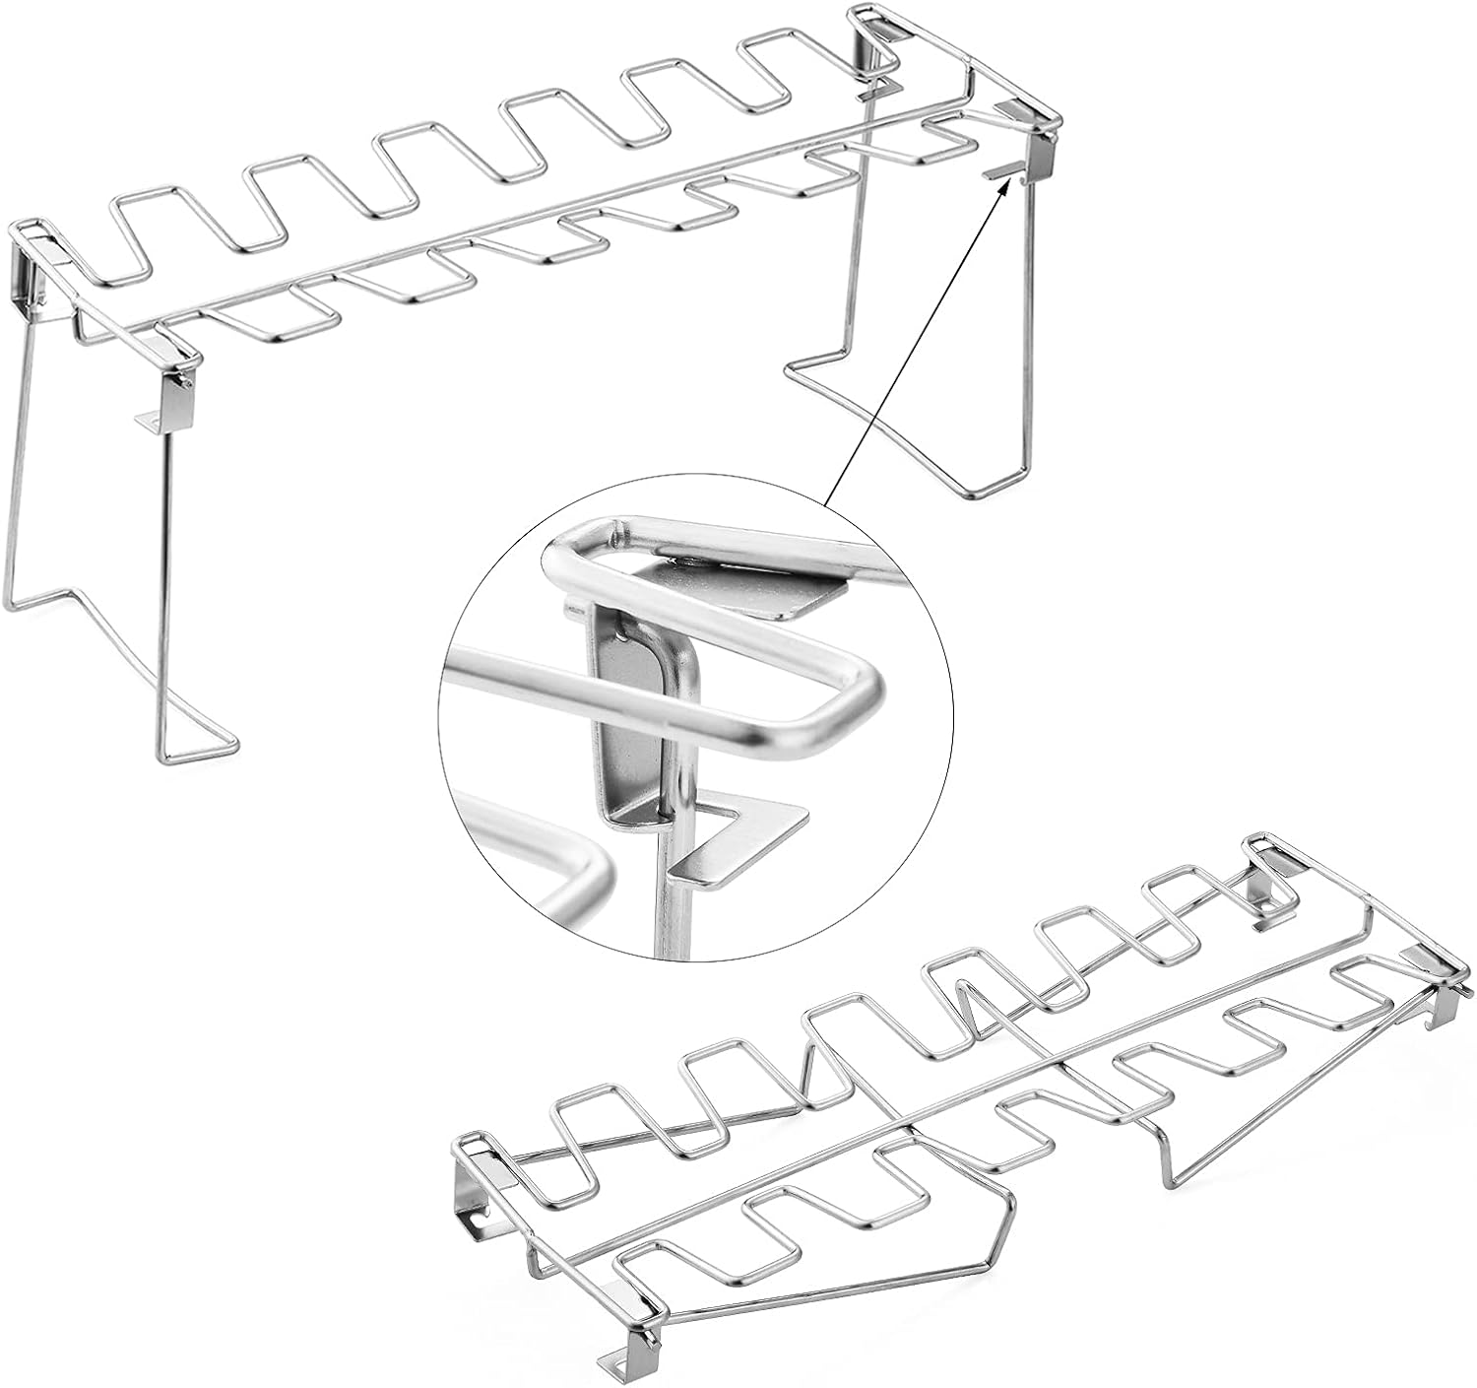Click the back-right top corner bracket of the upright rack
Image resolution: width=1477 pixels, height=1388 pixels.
click(871, 34)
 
